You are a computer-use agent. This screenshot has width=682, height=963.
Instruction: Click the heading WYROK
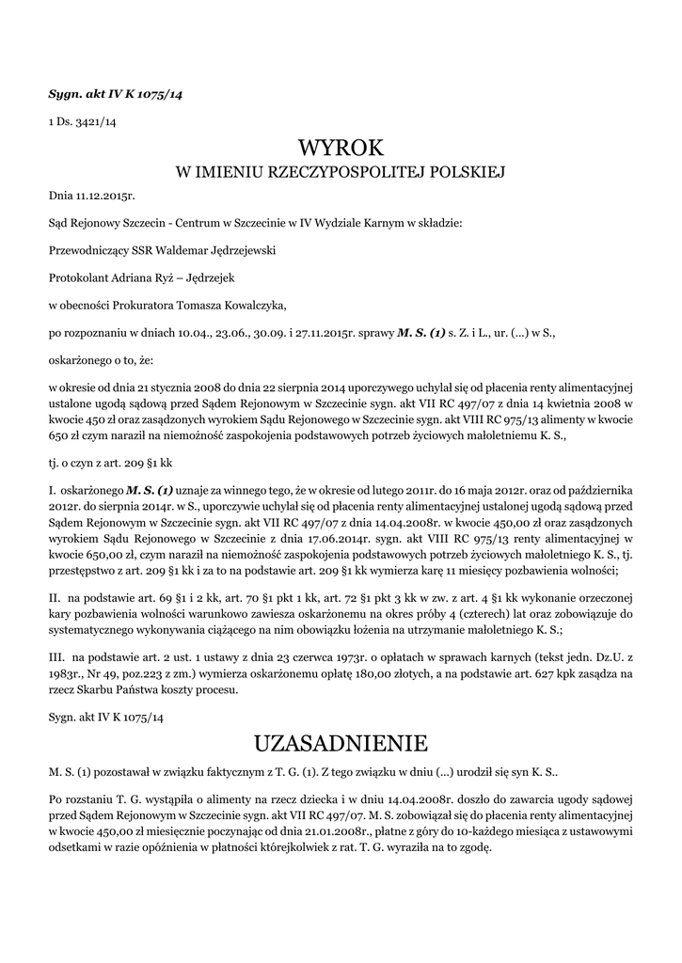(341, 149)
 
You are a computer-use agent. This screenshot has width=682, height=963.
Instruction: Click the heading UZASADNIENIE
(341, 743)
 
